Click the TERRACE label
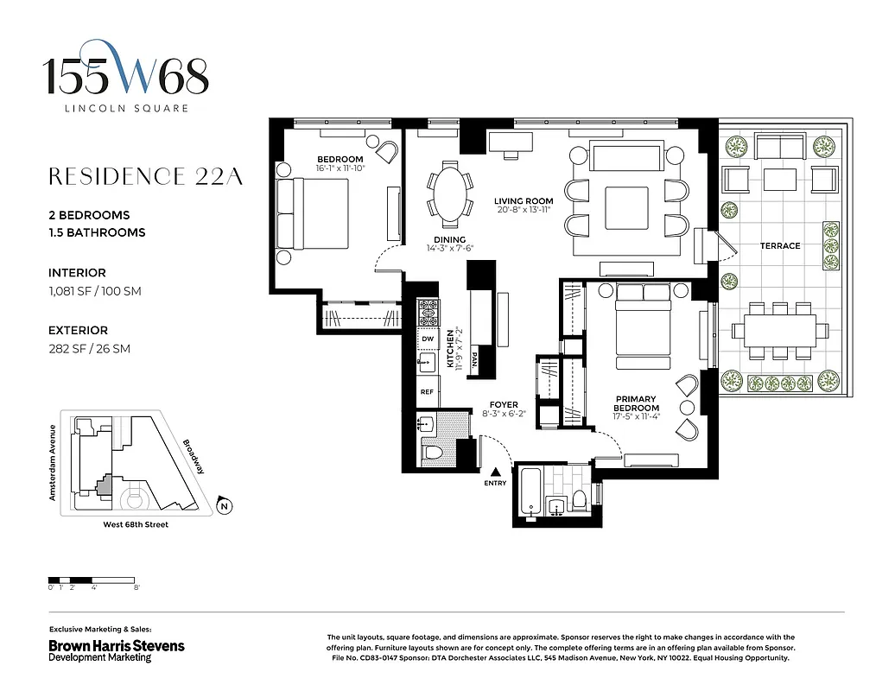779,246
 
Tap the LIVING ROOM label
524,201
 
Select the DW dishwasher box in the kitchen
427,339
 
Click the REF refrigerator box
427,391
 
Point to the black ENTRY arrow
496,471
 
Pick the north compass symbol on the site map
224,506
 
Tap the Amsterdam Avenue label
53,463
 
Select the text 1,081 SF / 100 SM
94,291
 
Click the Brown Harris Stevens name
116,645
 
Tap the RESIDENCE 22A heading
145,176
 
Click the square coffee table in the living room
626,208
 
